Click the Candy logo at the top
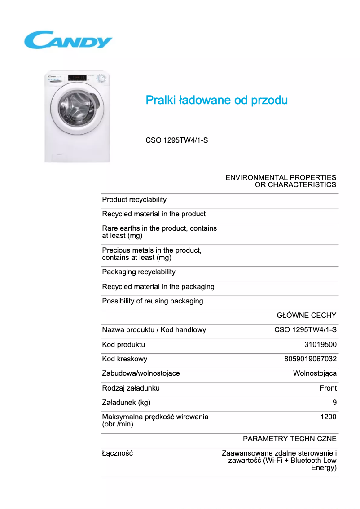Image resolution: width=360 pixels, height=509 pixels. click(68, 40)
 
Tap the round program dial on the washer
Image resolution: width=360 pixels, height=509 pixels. click(102, 79)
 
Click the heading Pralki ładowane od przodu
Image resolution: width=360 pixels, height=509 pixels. click(216, 100)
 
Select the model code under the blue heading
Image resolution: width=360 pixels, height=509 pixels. click(176, 140)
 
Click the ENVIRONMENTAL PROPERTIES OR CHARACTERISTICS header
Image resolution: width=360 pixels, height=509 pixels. click(281, 181)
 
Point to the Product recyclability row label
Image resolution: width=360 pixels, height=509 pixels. click(134, 200)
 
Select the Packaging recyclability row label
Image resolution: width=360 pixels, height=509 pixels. click(139, 272)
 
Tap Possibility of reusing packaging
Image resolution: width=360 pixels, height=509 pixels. click(153, 301)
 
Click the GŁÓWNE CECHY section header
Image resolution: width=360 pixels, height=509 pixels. click(306, 316)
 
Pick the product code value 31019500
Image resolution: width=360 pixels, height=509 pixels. click(320, 345)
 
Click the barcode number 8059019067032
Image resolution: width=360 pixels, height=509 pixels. click(310, 359)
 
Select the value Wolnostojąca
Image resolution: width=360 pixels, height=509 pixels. click(315, 373)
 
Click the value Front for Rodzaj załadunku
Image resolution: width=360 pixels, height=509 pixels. click(328, 388)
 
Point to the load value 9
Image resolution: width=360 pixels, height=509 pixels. click(334, 403)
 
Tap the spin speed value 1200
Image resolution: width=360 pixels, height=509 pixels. click(328, 417)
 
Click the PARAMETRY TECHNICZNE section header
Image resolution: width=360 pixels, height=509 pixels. click(290, 439)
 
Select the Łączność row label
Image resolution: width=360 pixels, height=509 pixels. click(118, 453)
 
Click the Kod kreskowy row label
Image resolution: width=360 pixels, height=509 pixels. click(124, 359)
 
